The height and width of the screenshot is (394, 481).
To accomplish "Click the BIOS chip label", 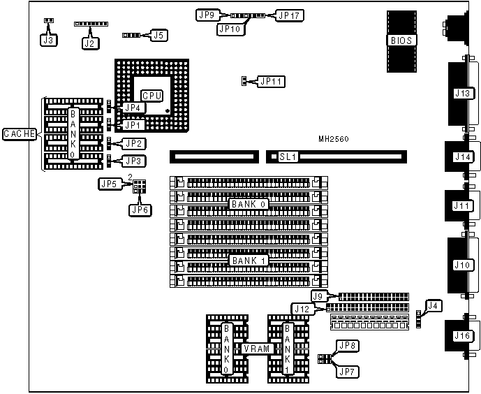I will (x=402, y=41).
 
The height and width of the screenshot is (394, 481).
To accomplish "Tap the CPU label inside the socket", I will (x=152, y=95).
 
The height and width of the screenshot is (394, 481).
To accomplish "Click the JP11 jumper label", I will (x=271, y=82).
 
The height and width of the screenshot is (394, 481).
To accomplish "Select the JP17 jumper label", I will (x=288, y=14).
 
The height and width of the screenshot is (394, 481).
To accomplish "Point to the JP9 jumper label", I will (x=208, y=14).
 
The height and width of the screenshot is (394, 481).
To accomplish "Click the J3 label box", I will (x=48, y=40).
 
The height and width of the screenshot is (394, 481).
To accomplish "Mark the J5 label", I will (x=159, y=34).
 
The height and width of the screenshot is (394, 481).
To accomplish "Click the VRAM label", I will (x=256, y=348).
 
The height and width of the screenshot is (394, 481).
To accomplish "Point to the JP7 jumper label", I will (x=347, y=372).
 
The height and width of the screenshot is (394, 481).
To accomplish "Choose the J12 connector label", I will (x=301, y=308).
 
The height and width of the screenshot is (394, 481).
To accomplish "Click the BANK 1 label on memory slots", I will (x=248, y=259).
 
